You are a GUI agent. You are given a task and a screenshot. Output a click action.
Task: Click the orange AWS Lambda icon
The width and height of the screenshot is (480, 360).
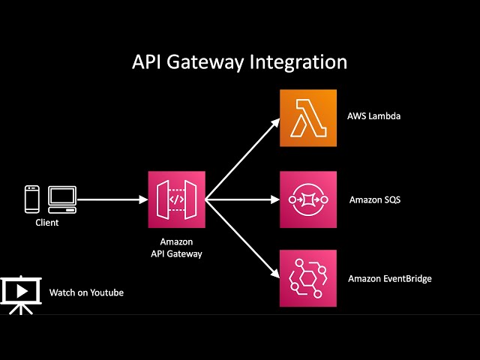coord(308,118)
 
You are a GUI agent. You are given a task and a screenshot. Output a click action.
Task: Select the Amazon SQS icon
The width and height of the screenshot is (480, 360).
coord(308,199)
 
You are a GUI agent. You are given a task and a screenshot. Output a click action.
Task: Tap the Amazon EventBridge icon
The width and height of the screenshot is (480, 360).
coord(308,278)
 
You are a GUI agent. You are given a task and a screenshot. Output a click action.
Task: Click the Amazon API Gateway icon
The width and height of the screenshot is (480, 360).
coord(176,199)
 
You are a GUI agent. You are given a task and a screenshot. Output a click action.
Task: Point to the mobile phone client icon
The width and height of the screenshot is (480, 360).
coord(31,199)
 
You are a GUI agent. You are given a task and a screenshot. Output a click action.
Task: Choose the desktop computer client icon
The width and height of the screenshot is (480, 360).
coord(61,198)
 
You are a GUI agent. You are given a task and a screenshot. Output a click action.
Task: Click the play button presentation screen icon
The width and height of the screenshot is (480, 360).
coord(20,293)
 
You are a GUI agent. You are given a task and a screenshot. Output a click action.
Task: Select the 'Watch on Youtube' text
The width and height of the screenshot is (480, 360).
coord(86,292)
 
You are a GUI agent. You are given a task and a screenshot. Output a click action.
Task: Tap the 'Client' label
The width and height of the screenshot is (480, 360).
coord(46,223)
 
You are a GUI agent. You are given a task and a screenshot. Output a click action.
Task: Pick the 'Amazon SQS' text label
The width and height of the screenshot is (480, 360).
coord(375,200)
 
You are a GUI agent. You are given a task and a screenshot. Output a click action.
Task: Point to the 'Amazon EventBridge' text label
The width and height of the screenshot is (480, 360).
coord(390,279)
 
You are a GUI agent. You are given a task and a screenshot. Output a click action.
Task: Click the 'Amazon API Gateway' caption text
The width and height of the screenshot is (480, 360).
coord(176,248)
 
